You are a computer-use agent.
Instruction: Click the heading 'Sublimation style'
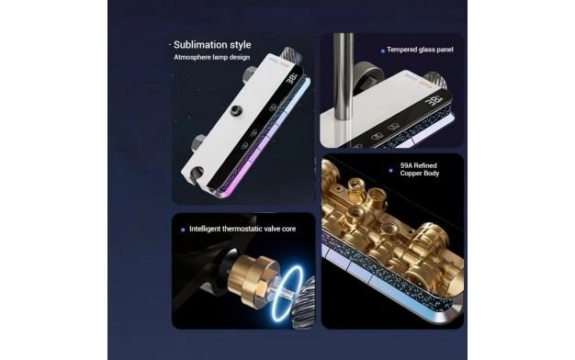212,45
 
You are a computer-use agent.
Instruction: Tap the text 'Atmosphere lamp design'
211,57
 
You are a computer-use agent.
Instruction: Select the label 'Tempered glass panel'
420,50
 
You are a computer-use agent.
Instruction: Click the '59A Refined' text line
419,165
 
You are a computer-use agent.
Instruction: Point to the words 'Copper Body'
420,173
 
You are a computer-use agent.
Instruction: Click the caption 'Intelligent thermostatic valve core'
242,229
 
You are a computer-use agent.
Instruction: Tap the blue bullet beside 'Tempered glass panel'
383,51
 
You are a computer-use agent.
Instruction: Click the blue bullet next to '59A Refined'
391,171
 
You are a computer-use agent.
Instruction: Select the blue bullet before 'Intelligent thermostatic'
183,230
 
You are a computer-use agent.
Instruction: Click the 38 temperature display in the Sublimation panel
292,79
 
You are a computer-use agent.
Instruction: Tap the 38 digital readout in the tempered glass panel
434,101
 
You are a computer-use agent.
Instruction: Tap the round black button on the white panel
236,110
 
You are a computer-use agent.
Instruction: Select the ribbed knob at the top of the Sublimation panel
291,56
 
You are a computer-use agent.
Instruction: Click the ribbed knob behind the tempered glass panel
435,81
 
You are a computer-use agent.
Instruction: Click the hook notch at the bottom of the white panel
197,173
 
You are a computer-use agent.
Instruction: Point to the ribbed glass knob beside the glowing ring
308,300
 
